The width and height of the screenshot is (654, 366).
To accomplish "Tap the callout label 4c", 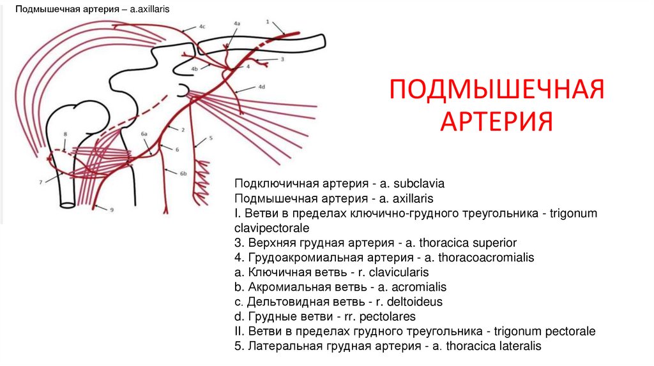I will click(202, 27).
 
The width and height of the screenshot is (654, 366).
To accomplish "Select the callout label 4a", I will click(237, 23).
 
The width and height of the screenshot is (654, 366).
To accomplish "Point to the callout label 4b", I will click(195, 69).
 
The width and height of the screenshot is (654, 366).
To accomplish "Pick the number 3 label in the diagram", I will click(282, 59).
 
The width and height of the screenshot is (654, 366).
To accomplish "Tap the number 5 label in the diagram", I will click(210, 138).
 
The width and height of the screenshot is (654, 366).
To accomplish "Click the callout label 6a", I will click(144, 135).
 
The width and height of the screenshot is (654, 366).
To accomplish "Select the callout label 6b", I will click(183, 173).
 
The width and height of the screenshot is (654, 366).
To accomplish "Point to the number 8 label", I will click(65, 134).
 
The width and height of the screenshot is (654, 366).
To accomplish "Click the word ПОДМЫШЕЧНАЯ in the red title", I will click(496, 91).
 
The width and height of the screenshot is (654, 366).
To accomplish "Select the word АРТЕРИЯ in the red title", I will click(496, 121).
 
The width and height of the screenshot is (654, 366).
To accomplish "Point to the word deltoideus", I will click(414, 302).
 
